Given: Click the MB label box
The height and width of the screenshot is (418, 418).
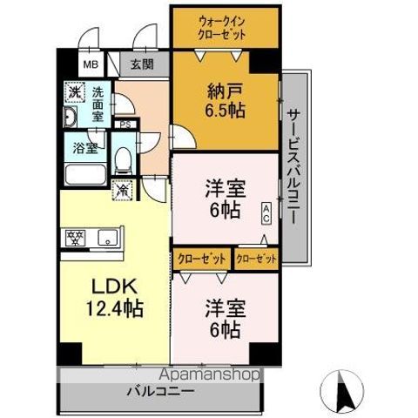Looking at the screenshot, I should [x=91, y=64].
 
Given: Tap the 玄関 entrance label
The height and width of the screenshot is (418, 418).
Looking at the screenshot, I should [x=143, y=64].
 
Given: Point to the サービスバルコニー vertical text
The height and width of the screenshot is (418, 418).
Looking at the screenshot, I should [x=293, y=165].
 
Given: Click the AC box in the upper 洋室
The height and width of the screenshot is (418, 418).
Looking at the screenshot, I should [x=266, y=209].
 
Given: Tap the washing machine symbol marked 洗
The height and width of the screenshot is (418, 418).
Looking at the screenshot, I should [x=75, y=91].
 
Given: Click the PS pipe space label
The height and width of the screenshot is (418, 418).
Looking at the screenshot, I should [x=127, y=125].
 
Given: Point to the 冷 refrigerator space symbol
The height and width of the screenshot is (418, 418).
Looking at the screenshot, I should [x=123, y=186].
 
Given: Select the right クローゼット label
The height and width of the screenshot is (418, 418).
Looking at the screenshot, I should [x=256, y=259].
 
